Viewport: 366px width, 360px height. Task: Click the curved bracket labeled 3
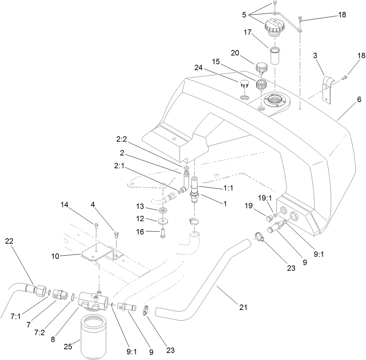[x=328, y=86]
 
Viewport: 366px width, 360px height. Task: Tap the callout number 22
[x=9, y=241]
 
